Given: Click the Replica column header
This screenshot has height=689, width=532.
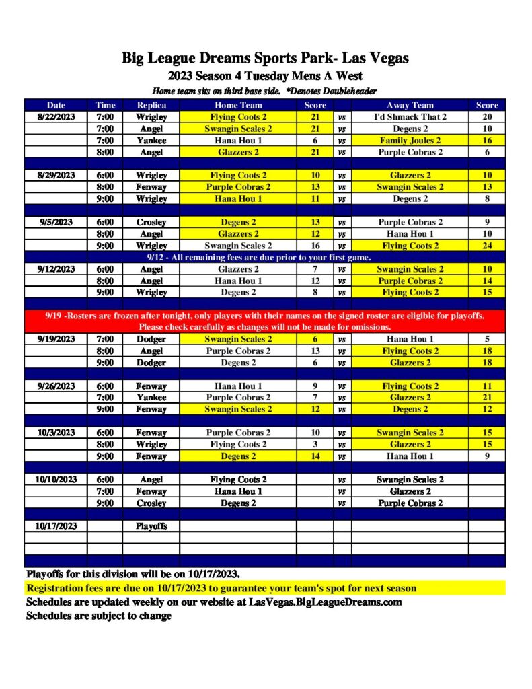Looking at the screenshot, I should [x=151, y=105].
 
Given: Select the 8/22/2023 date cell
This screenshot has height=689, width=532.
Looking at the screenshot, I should [x=56, y=117].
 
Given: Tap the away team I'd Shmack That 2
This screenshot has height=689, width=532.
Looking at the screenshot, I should [x=410, y=117].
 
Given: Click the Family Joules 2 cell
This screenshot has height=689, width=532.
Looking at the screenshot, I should [x=410, y=141].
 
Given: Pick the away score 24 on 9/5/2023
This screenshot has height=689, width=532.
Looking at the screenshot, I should [x=487, y=246].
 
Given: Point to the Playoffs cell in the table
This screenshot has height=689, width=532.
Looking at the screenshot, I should [x=151, y=526].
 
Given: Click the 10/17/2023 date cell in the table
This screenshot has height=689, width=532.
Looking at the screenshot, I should [x=56, y=526].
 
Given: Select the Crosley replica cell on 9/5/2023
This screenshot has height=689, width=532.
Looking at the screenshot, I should [x=151, y=222].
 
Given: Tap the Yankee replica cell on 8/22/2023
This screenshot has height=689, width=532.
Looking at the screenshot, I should [x=151, y=141].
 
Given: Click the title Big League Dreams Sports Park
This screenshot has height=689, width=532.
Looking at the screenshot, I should [x=265, y=58].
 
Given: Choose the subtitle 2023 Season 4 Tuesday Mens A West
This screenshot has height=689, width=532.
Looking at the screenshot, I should [x=265, y=76].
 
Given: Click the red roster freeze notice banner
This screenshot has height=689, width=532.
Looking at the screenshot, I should [x=265, y=321].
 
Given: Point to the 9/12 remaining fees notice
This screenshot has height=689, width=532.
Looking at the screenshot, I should [x=265, y=257].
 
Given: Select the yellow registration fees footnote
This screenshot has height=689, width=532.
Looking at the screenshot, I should [x=222, y=588].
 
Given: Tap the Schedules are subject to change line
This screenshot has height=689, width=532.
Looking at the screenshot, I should [x=99, y=615].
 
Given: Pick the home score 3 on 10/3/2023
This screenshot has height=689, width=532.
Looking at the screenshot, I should [x=315, y=444].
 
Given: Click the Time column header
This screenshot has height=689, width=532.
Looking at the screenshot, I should [x=105, y=105].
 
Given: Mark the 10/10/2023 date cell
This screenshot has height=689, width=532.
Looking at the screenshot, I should [x=56, y=480].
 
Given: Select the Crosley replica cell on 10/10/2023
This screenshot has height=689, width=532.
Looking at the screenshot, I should [x=151, y=503].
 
